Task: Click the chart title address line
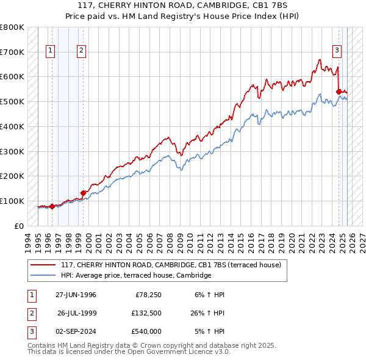pos(182,5)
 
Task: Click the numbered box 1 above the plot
pos(50,51)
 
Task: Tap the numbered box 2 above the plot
pos(81,51)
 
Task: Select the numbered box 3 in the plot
pos(337,51)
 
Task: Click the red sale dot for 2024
pos(338,92)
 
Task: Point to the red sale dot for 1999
pos(83,193)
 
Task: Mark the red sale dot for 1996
pos(52,206)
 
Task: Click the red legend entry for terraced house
pos(171,265)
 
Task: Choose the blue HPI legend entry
pos(135,275)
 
